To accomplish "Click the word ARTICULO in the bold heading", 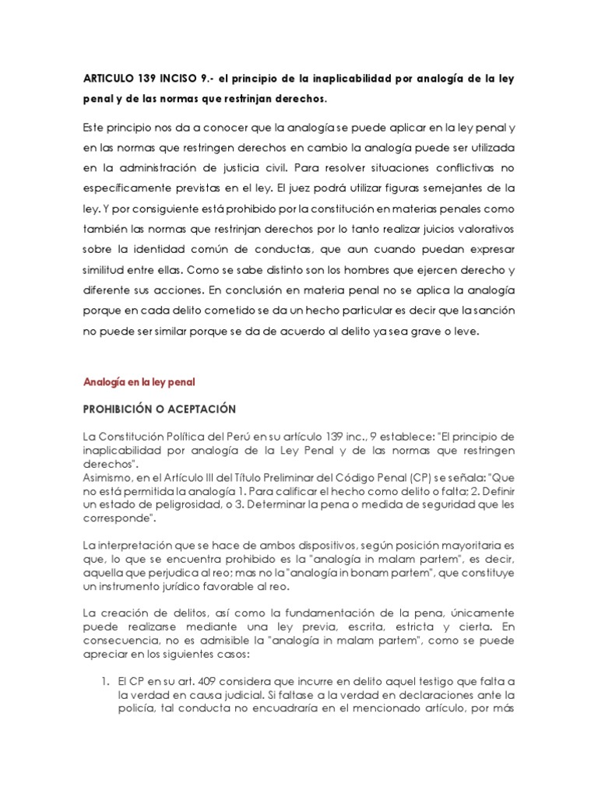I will point(110,79).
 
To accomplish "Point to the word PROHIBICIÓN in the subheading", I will point(128,409).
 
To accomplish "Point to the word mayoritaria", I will point(464,544).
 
